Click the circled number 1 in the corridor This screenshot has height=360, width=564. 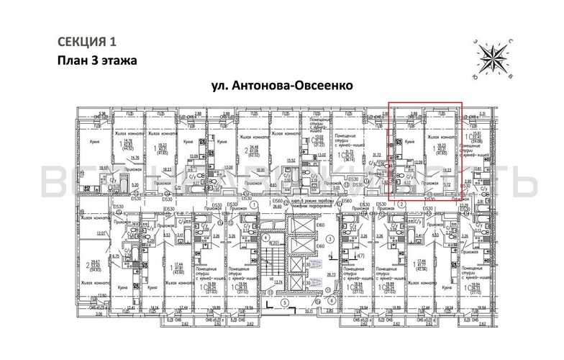[255, 204]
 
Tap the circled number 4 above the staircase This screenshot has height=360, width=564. [265, 237]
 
